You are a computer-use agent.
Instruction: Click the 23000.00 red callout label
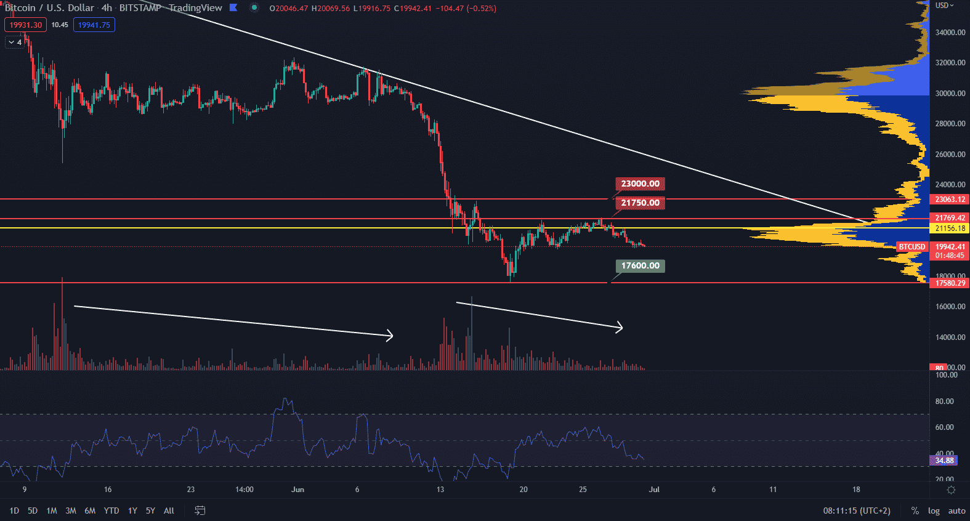pyautogui.click(x=640, y=184)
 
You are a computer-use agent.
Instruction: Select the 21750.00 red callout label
pyautogui.click(x=640, y=203)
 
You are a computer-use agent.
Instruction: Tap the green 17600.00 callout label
pyautogui.click(x=640, y=266)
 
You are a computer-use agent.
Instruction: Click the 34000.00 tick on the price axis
pyautogui.click(x=950, y=33)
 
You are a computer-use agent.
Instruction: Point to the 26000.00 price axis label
pyautogui.click(x=950, y=155)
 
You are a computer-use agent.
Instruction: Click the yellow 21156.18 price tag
pyautogui.click(x=950, y=228)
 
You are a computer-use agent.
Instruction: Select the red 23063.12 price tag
pyautogui.click(x=950, y=200)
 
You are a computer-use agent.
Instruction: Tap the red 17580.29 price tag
pyautogui.click(x=950, y=283)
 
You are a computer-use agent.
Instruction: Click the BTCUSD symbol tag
pyautogui.click(x=911, y=247)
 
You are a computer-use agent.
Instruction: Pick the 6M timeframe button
pyautogui.click(x=90, y=511)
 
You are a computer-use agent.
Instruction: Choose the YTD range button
pyautogui.click(x=111, y=511)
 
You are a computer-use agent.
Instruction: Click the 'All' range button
pyautogui.click(x=169, y=511)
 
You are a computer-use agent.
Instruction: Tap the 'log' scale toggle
pyautogui.click(x=934, y=511)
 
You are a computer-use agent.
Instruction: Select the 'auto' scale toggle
pyautogui.click(x=956, y=511)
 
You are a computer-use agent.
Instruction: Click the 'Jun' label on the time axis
pyautogui.click(x=297, y=490)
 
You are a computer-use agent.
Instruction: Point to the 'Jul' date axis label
pyautogui.click(x=654, y=490)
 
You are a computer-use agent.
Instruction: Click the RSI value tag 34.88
pyautogui.click(x=944, y=461)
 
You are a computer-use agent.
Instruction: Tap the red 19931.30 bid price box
pyautogui.click(x=25, y=25)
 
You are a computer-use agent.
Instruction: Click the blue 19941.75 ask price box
pyautogui.click(x=94, y=25)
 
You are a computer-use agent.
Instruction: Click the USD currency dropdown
pyautogui.click(x=944, y=6)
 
